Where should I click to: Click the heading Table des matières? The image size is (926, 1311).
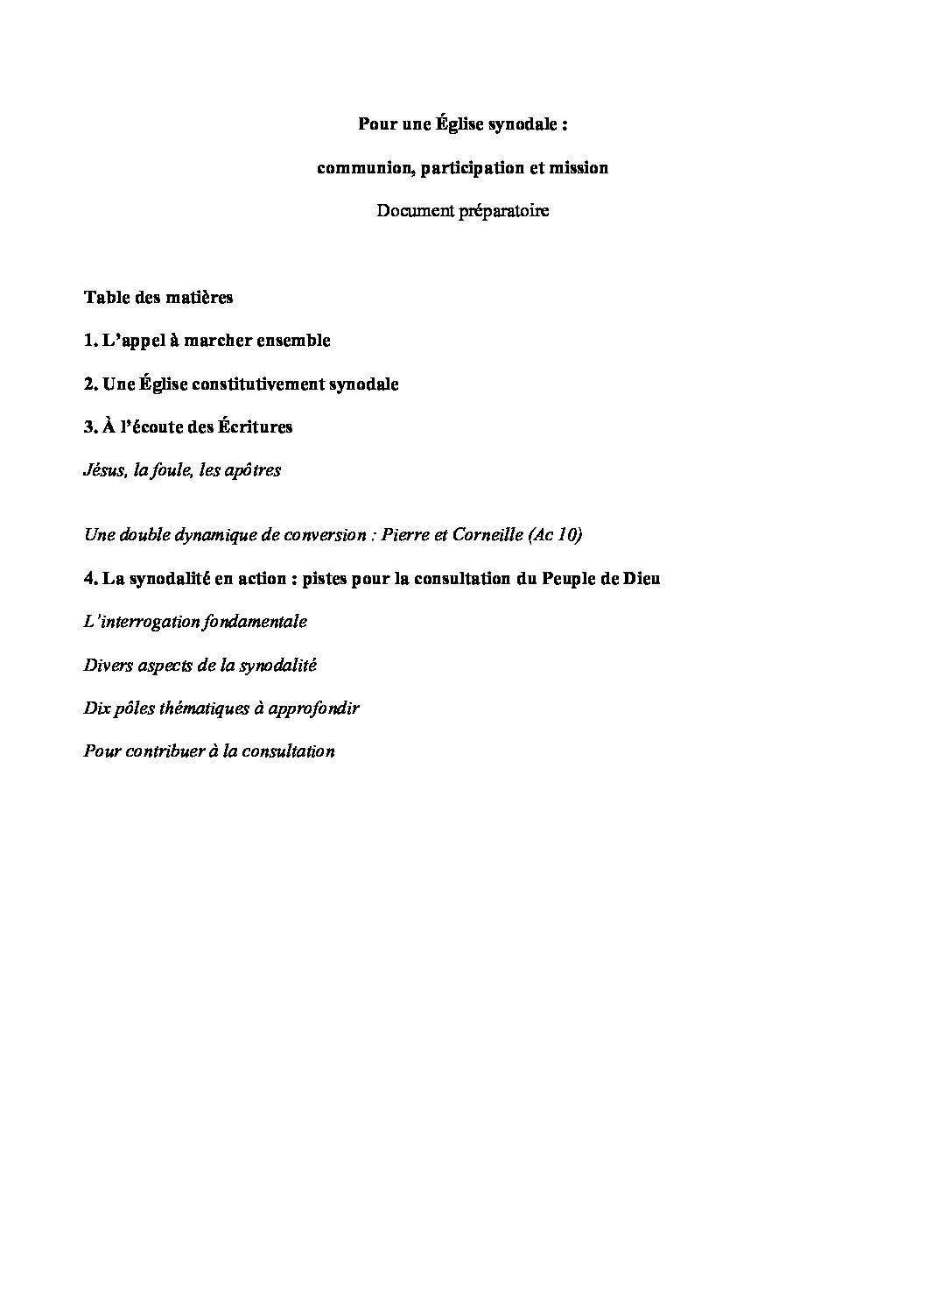point(158,297)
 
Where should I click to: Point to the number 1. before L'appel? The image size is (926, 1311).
point(90,341)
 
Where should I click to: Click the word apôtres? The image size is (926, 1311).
point(252,470)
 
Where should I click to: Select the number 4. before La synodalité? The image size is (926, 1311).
point(91,578)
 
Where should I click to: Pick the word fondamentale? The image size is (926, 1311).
point(254,622)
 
